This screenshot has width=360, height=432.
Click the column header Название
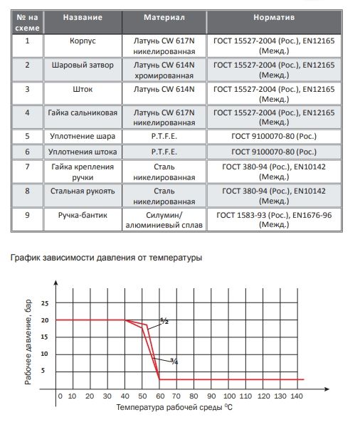coord(83,17)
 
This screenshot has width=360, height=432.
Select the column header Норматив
coord(274,17)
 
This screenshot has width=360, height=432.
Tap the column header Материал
coord(164,17)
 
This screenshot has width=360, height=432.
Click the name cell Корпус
coord(83,41)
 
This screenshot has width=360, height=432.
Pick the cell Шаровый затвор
coord(83,65)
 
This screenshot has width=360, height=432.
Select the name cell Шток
coord(83,89)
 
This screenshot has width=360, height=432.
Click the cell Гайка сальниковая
coord(83,112)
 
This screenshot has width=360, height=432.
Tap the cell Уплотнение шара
coord(83,137)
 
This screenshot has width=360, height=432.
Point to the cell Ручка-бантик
coord(83,215)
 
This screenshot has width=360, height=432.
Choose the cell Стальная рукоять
coord(83,191)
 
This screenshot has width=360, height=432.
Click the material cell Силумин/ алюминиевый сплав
coord(164,220)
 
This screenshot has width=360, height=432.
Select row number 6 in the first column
coord(27,152)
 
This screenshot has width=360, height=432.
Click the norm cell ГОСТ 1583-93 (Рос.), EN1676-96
coord(274,220)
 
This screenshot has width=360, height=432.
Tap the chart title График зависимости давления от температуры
coord(106,258)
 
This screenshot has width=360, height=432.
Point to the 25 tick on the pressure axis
coord(45,303)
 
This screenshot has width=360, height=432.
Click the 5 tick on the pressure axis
coord(43,371)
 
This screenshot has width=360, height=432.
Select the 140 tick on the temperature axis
coord(297,396)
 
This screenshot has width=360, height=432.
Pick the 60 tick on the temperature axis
coord(160,396)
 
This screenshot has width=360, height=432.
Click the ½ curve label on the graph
coord(164,321)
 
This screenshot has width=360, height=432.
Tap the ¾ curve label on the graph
coord(174,362)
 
